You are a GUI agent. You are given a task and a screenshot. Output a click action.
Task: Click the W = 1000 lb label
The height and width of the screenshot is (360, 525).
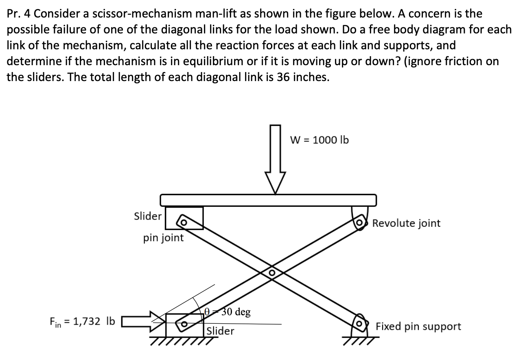[x=319, y=140]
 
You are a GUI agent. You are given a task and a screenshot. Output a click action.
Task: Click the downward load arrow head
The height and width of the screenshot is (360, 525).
[x=276, y=182]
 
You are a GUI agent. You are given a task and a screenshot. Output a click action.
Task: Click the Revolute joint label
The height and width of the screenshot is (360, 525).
[x=406, y=223]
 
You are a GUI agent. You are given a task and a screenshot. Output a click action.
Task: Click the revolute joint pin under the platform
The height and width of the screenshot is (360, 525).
[x=359, y=223]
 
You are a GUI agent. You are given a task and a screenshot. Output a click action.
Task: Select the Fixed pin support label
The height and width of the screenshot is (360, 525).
[x=418, y=326]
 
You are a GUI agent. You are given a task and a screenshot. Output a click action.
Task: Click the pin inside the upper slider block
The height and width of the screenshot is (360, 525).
[x=184, y=222]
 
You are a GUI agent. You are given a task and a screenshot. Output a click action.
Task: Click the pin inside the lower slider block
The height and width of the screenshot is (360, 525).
[x=184, y=325]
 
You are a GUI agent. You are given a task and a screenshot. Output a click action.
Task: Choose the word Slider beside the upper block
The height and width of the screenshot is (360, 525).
[x=148, y=216]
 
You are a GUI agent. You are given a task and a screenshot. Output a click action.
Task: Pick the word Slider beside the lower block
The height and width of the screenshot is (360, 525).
[x=220, y=331]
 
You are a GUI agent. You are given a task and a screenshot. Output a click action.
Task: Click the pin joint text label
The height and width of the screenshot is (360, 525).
[x=163, y=238]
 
